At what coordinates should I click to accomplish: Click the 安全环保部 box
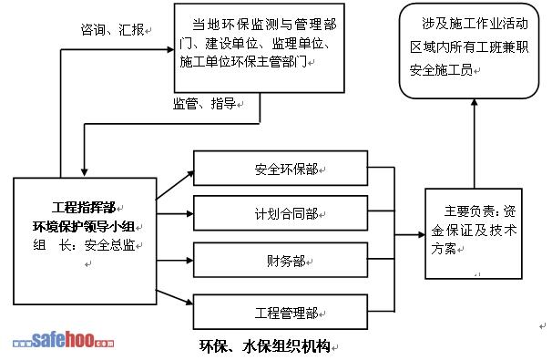point(281,168)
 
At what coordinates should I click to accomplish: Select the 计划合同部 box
point(281,213)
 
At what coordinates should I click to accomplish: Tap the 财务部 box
point(281,260)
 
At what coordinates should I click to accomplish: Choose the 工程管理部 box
point(281,312)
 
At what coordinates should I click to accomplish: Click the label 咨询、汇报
point(112,29)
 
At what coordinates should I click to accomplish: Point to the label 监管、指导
point(204,104)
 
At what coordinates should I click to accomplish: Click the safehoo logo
point(64,340)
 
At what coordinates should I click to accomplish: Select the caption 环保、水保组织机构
point(265,346)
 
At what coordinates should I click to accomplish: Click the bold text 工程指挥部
point(84,208)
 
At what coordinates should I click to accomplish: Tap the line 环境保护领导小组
point(84,226)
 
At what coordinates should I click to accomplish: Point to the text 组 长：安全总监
point(84,245)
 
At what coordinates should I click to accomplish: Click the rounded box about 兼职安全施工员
point(469,51)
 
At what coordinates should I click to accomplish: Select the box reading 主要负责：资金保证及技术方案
point(474,233)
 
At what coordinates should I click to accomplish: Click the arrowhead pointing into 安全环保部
point(190,173)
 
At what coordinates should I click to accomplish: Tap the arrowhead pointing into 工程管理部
point(189,302)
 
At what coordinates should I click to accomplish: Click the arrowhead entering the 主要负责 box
point(422,234)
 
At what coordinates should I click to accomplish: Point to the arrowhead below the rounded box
point(475,102)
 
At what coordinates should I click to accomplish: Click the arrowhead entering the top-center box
point(170,49)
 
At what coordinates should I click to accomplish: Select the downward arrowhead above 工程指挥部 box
point(84,172)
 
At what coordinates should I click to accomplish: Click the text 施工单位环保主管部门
point(243,62)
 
